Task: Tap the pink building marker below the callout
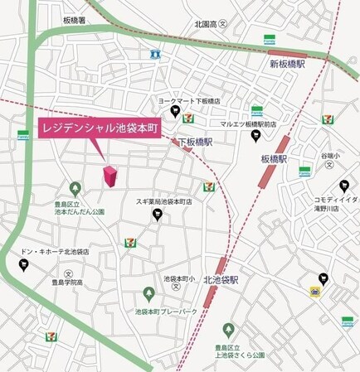pyautogui.click(x=109, y=176)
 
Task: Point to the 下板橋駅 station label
pyautogui.click(x=196, y=142)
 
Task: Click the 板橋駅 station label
pyautogui.click(x=273, y=158)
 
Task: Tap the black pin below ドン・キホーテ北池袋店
pyautogui.click(x=23, y=264)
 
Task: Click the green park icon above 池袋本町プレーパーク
pyautogui.click(x=148, y=294)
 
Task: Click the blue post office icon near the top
pyautogui.click(x=155, y=54)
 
